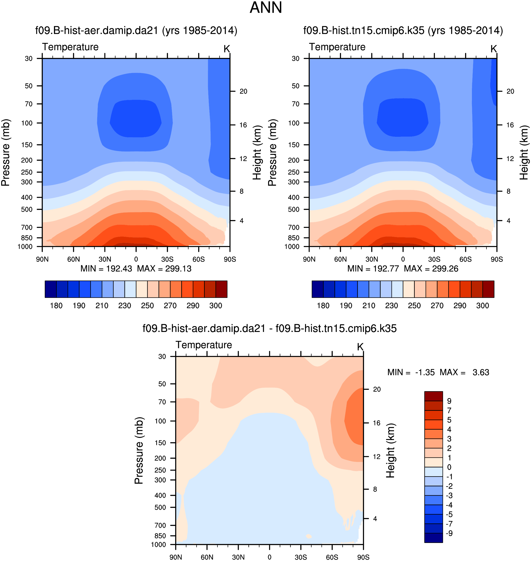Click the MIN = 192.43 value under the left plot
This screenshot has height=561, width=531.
pos(106,269)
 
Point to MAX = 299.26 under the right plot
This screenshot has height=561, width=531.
pos(431,269)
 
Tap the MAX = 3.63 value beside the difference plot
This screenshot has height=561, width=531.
pos(464,372)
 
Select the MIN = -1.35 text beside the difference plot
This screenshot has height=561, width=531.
pos(411,372)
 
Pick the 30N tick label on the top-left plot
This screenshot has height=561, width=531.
pos(105,259)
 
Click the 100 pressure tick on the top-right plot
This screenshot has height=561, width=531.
pos(294,123)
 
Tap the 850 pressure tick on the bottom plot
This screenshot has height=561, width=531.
pos(160,536)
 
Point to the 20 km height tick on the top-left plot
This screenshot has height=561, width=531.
pos(243,91)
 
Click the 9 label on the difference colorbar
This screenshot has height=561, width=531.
pos(449,401)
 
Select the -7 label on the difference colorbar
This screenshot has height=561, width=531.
pos(449,524)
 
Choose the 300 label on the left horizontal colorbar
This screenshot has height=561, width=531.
pos(216,306)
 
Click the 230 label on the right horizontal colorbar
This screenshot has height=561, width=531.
pos(391,306)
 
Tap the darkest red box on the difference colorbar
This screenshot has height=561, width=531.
pos(433,396)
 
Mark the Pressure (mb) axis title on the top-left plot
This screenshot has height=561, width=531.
pos(6,152)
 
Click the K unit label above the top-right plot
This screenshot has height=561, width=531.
pos(494,49)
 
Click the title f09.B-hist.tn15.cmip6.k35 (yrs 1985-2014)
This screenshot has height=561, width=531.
pos(403,30)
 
